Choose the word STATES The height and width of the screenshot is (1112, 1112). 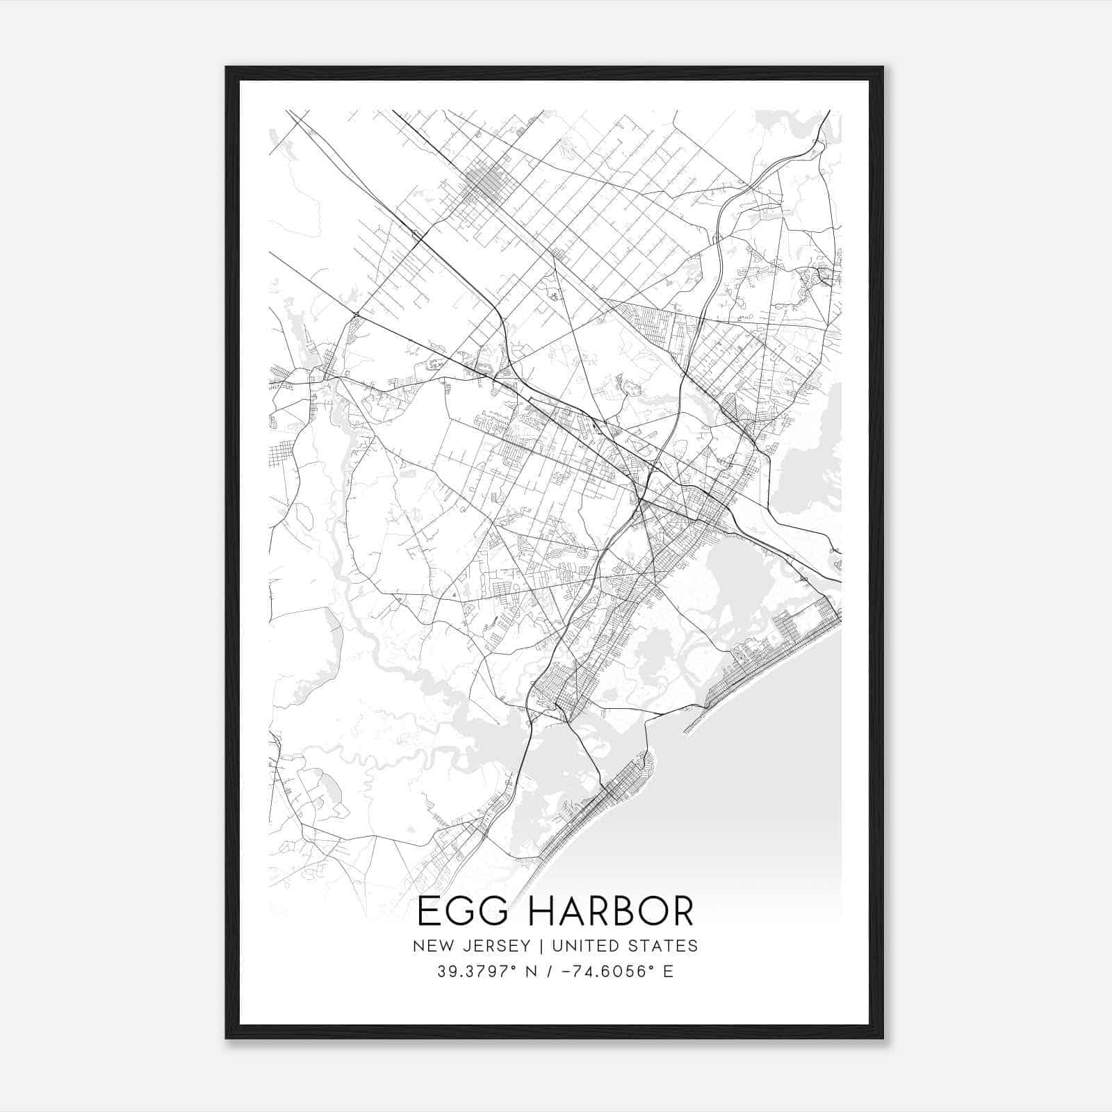(663, 946)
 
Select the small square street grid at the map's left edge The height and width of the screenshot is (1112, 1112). (281, 455)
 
